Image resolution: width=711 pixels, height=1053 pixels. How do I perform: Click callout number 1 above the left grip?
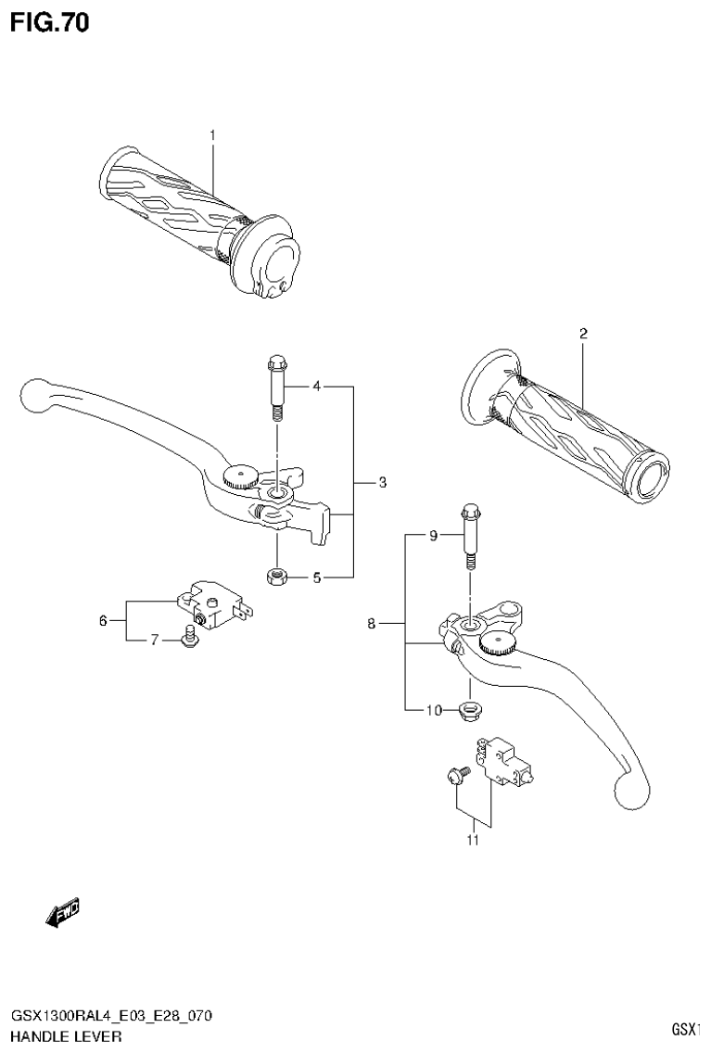pos(212,136)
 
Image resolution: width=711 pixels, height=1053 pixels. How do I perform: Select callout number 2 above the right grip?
pos(583,333)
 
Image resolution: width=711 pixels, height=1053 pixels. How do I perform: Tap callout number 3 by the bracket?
pos(381,482)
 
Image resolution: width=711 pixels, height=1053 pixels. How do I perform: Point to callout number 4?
pos(316,385)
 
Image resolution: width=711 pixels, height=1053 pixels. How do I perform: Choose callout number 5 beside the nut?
pos(316,577)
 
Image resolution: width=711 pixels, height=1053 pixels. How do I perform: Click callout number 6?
pos(103,620)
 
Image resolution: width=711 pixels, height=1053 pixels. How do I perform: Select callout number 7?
pos(155,641)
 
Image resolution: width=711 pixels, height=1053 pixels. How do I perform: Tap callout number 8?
pos(371,624)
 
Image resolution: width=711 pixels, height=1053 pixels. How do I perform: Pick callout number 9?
pos(432,535)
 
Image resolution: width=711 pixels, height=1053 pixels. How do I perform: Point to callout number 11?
pos(474,841)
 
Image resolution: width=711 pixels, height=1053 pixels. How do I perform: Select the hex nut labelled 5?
pos(275,577)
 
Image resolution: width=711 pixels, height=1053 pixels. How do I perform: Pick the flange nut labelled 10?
pos(469,711)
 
